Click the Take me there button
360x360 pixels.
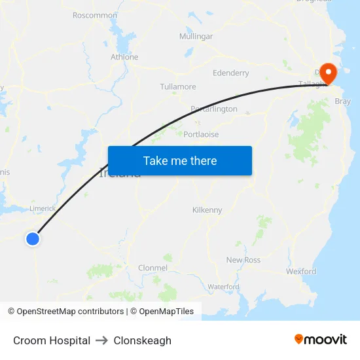click(180, 160)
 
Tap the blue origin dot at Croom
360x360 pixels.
click(33, 239)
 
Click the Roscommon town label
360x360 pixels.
click(95, 15)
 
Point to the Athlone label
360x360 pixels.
click(124, 57)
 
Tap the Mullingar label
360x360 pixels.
click(196, 37)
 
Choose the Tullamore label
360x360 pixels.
click(178, 86)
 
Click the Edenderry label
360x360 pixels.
click(231, 73)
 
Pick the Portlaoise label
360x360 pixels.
click(202, 134)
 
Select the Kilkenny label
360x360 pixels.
click(207, 210)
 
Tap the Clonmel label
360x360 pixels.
click(153, 268)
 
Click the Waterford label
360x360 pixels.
click(224, 287)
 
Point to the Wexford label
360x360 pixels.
click(301, 271)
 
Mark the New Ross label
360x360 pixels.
click(243, 260)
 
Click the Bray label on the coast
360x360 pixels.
click(342, 101)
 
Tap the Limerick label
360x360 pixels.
click(43, 208)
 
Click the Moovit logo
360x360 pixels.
click(320, 339)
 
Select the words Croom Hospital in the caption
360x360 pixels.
click(52, 340)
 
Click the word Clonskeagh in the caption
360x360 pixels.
click(143, 340)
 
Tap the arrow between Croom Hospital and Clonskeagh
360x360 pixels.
click(102, 340)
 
